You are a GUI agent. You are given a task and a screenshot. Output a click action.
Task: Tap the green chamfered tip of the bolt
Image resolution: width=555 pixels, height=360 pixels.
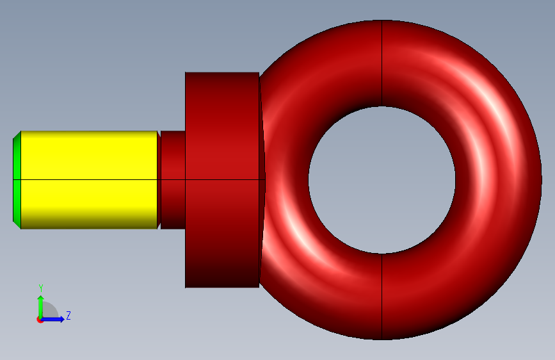pos(17,180)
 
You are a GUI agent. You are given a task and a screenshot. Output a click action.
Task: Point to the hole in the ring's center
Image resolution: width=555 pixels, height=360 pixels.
pos(382,180)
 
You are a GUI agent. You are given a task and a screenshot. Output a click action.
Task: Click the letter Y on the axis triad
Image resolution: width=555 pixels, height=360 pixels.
pos(41,288)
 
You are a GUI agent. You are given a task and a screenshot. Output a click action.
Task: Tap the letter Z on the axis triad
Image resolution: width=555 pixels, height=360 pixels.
pos(68,315)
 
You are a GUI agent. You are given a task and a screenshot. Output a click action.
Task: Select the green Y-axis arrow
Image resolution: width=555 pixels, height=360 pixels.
pos(41,306)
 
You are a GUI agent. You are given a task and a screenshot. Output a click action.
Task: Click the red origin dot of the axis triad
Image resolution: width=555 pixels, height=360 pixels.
pos(39,320)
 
